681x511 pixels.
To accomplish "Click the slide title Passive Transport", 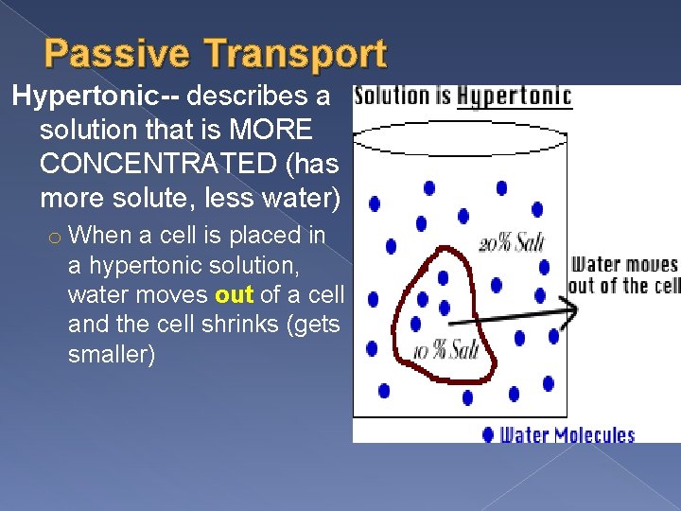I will pyautogui.click(x=216, y=55).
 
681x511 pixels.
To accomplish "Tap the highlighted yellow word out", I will pyautogui.click(x=234, y=295).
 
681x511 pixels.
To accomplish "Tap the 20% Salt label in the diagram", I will pyautogui.click(x=512, y=243).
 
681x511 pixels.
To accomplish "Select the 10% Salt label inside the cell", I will pyautogui.click(x=445, y=351).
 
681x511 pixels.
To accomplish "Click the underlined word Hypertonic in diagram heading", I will pyautogui.click(x=514, y=97).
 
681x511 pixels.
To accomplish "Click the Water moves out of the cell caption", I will pyautogui.click(x=625, y=275).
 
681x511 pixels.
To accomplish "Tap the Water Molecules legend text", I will pyautogui.click(x=567, y=435).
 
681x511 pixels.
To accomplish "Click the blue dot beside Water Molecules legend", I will pyautogui.click(x=488, y=435).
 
